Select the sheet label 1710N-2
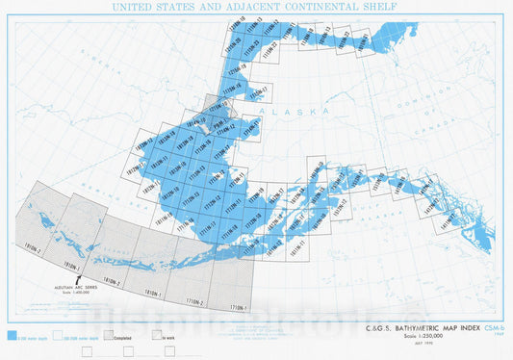pos(195,302)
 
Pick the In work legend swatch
pos(158,338)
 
